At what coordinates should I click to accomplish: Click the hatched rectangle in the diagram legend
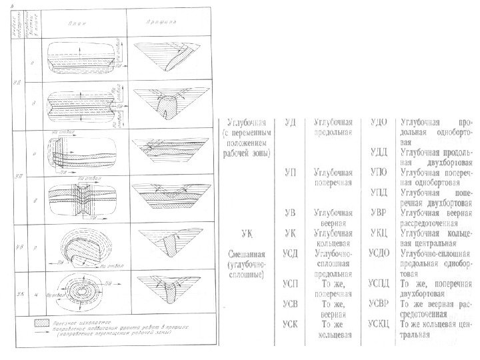(43, 322)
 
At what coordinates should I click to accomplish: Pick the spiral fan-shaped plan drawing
(75, 249)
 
